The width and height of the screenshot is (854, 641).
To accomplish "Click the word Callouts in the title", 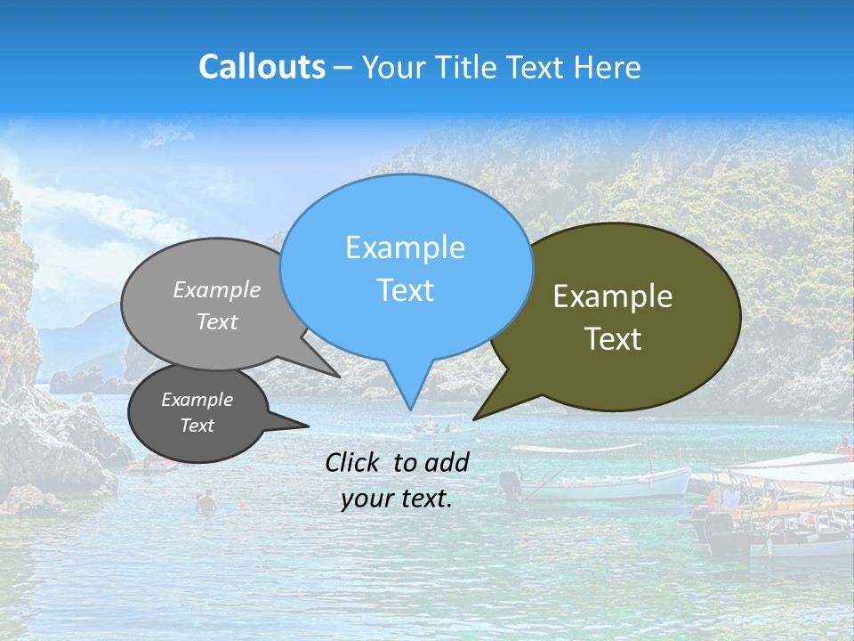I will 262,67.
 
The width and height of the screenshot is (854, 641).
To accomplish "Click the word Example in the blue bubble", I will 405,247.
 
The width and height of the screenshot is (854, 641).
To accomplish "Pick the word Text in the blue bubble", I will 405,290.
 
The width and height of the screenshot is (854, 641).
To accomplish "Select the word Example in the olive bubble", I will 613,296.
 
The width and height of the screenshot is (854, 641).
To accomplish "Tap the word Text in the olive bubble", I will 613,339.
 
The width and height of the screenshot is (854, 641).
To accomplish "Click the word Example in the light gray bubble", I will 217,290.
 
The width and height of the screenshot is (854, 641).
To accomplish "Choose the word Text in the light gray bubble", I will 217,322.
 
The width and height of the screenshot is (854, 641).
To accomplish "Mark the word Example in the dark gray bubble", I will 197,400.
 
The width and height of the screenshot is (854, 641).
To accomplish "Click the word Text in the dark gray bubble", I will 197,426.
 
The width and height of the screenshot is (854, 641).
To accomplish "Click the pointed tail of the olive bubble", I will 477,418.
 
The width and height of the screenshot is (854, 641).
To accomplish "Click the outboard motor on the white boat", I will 510,484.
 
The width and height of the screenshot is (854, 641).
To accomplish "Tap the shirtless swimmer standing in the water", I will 206,503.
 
